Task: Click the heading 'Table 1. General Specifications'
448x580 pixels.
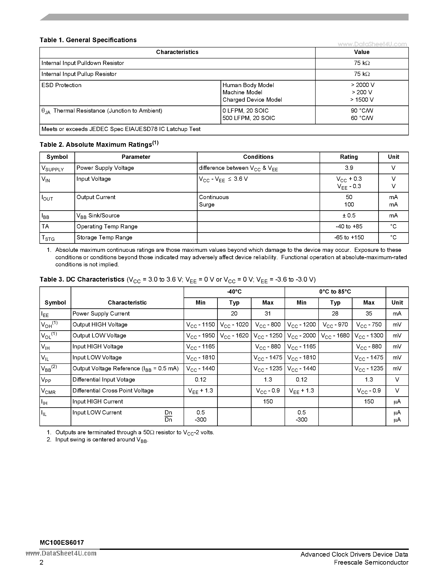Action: pos(88,40)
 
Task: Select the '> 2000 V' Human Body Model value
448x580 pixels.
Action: pos(362,85)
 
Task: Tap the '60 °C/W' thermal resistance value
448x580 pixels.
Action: pos(362,118)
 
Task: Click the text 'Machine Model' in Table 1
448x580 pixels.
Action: pos(242,92)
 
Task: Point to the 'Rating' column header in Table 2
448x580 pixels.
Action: pos(349,157)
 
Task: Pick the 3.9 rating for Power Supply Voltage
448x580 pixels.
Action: pos(349,168)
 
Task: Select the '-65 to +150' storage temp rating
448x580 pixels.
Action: pos(349,237)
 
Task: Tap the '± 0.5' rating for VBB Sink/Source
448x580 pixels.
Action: pos(349,215)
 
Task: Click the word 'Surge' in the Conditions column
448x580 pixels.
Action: pos(207,205)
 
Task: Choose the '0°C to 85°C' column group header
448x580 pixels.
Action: pos(335,292)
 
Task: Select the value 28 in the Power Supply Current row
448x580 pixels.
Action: pos(335,313)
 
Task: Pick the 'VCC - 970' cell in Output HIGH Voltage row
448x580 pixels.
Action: pos(335,325)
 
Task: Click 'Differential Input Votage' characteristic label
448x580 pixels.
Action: pos(104,379)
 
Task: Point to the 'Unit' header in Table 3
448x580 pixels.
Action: pos(397,302)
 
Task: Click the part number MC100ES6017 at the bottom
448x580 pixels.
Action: pos(62,542)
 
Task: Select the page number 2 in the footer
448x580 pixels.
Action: pos(41,562)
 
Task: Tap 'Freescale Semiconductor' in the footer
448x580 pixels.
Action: pos(371,562)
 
